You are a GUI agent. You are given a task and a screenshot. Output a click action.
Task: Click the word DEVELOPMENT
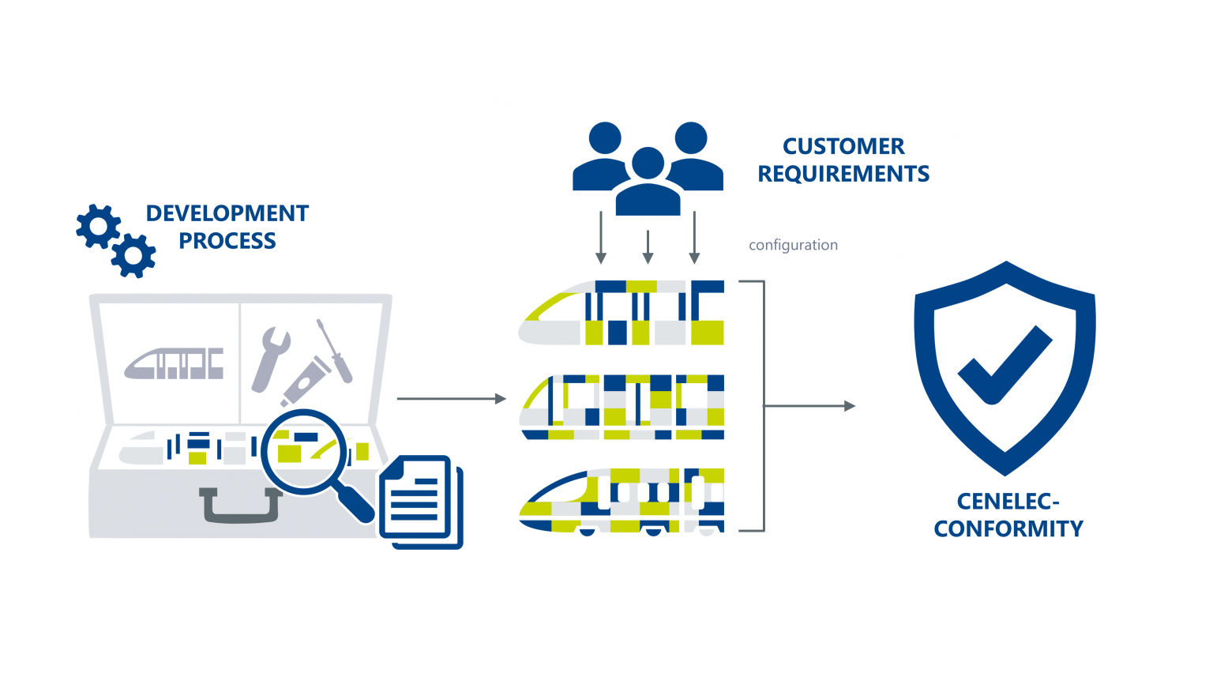click(227, 213)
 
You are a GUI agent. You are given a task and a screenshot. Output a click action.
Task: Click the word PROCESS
click(227, 241)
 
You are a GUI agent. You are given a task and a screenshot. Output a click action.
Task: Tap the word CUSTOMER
click(843, 146)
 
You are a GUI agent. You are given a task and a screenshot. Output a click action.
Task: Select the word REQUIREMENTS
click(843, 174)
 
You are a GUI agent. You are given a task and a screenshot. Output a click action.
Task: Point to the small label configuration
click(793, 245)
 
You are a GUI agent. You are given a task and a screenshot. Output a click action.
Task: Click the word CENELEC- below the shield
click(1008, 502)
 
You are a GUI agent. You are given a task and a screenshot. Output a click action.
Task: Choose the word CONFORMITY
click(1008, 528)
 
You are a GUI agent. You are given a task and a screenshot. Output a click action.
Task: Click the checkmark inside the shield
click(1004, 365)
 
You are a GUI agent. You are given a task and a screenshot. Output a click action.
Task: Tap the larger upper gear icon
click(98, 227)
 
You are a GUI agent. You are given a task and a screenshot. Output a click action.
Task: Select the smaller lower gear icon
click(133, 255)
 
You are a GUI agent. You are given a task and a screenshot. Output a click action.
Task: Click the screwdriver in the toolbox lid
click(334, 351)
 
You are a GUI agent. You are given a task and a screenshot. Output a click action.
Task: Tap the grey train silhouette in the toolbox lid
click(174, 363)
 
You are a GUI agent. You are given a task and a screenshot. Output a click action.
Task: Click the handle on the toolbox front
click(241, 506)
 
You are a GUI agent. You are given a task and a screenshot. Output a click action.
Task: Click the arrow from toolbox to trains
click(451, 399)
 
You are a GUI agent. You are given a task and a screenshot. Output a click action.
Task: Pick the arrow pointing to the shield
click(809, 406)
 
